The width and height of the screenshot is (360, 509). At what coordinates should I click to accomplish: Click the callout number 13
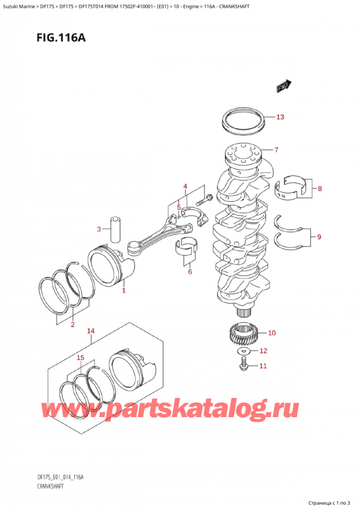pyautogui.click(x=280, y=117)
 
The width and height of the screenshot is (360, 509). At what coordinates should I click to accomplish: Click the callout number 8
pyautogui.click(x=320, y=189)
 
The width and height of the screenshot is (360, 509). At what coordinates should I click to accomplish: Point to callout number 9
pyautogui.click(x=319, y=236)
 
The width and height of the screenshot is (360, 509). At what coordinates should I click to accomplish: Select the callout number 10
pyautogui.click(x=272, y=333)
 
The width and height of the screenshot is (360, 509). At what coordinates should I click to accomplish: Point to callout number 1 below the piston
pyautogui.click(x=124, y=291)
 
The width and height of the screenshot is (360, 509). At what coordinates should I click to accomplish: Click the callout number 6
pyautogui.click(x=190, y=272)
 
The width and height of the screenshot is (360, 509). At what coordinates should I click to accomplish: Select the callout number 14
pyautogui.click(x=91, y=331)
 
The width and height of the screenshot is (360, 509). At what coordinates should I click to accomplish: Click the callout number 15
pyautogui.click(x=80, y=358)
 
